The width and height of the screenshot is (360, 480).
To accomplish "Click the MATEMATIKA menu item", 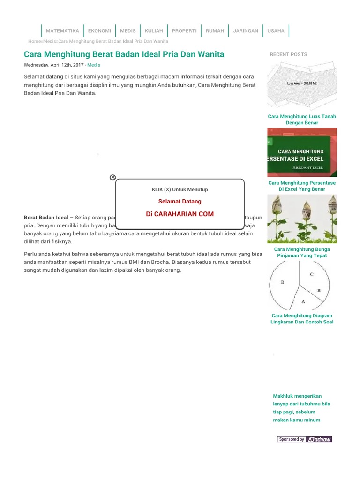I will tap(62, 31).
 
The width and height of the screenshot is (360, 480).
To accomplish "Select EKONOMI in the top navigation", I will tap(99, 31).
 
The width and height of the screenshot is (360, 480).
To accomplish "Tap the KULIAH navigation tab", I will tap(154, 31).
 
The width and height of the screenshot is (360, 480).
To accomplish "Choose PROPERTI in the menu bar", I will tap(184, 31).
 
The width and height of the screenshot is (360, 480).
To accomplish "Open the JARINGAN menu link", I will tap(246, 31).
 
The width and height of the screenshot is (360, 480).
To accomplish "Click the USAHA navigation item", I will tap(276, 31).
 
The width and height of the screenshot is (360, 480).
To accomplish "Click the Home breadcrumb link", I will tap(34, 41).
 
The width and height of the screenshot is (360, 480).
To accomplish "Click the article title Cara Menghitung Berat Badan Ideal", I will tap(124, 54).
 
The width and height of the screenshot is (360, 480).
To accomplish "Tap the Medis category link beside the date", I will tap(94, 65).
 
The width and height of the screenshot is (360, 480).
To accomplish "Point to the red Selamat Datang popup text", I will tap(180, 201).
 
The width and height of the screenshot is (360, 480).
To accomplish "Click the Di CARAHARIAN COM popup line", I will tap(180, 214).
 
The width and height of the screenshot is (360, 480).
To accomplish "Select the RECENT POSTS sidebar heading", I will tap(288, 54).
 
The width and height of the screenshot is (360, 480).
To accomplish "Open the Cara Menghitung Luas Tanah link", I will tap(302, 120).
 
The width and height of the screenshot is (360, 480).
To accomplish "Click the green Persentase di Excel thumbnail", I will tap(302, 152).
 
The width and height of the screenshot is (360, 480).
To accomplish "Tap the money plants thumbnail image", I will tap(302, 219).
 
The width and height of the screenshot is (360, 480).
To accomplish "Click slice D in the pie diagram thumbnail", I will tap(283, 282).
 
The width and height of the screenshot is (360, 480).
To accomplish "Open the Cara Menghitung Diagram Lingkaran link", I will tap(302, 319).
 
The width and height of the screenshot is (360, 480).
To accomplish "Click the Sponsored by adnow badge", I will tap(305, 439).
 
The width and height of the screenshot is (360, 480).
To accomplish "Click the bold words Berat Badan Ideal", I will tap(46, 217).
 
